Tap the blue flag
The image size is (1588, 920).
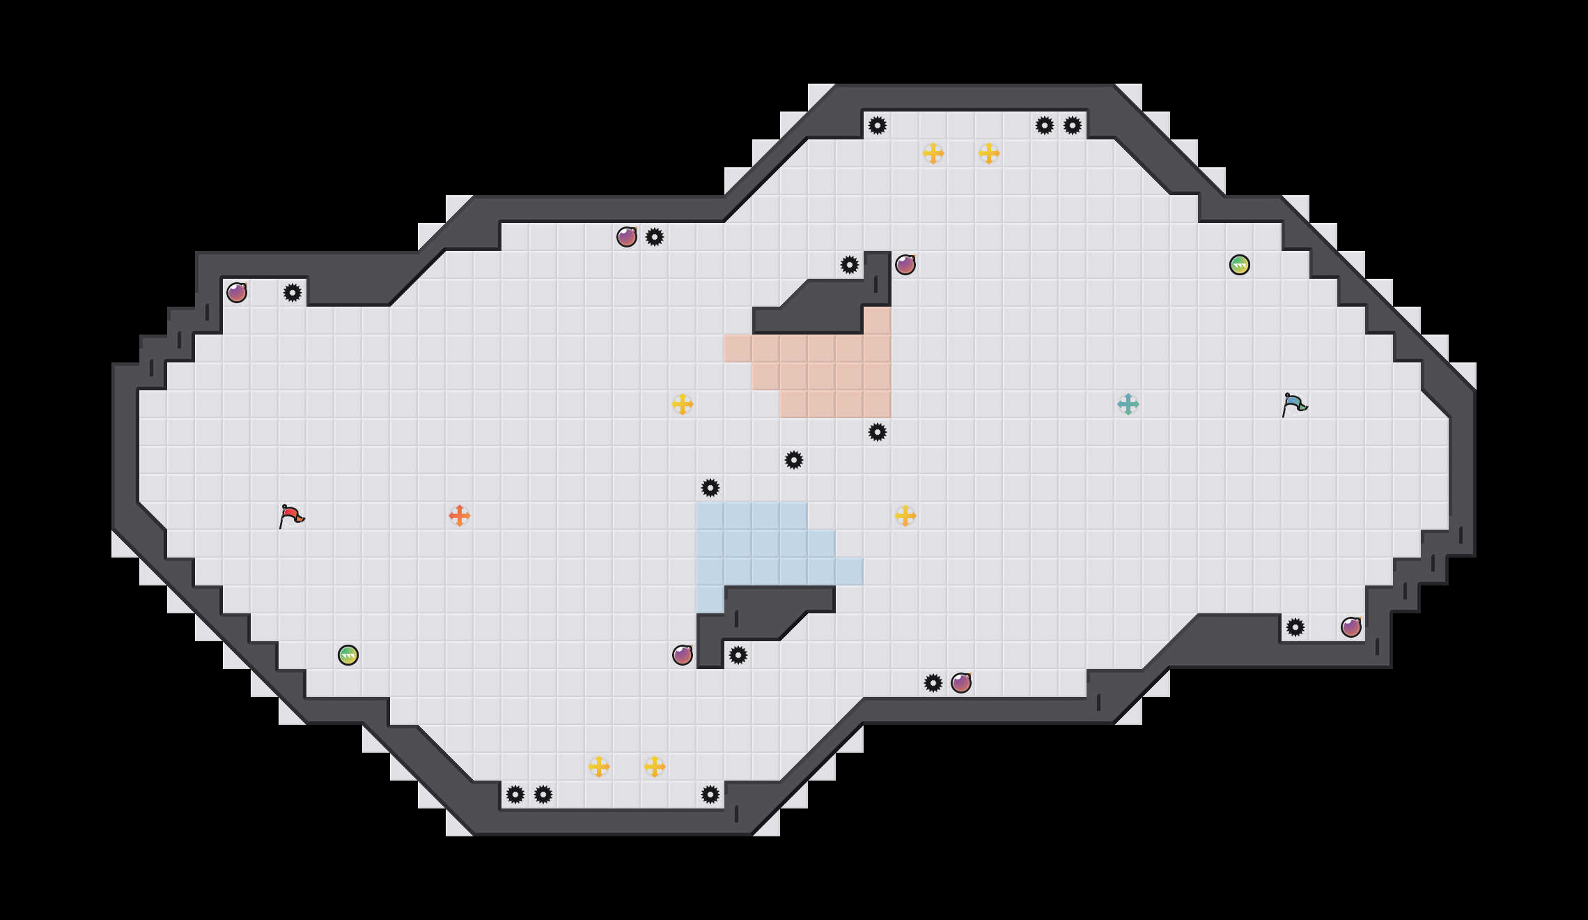pyautogui.click(x=1294, y=405)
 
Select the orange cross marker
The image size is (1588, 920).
pyautogui.click(x=460, y=516)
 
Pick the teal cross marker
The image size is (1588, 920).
pyautogui.click(x=1128, y=404)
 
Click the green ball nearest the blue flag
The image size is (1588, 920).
pyautogui.click(x=1240, y=265)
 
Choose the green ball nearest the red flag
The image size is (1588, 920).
pyautogui.click(x=348, y=655)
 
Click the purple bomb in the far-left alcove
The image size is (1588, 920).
pyautogui.click(x=237, y=293)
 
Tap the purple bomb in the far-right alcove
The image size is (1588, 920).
pyautogui.click(x=1351, y=627)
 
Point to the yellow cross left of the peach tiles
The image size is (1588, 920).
pyautogui.click(x=683, y=404)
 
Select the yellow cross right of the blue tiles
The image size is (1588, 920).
pyautogui.click(x=905, y=516)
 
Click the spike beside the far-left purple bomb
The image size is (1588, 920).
pyautogui.click(x=293, y=293)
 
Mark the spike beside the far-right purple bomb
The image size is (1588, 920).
pyautogui.click(x=1295, y=627)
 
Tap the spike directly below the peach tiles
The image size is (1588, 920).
pyautogui.click(x=878, y=432)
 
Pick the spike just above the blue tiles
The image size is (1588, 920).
pyautogui.click(x=710, y=488)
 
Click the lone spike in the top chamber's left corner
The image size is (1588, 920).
pyautogui.click(x=878, y=125)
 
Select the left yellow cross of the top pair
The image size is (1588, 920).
pyautogui.click(x=933, y=153)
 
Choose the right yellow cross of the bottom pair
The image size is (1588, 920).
pyautogui.click(x=655, y=767)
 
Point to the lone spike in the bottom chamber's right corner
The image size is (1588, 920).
pyautogui.click(x=710, y=795)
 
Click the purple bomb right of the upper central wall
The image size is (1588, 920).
pyautogui.click(x=905, y=265)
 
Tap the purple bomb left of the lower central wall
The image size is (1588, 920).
pyautogui.click(x=683, y=655)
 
